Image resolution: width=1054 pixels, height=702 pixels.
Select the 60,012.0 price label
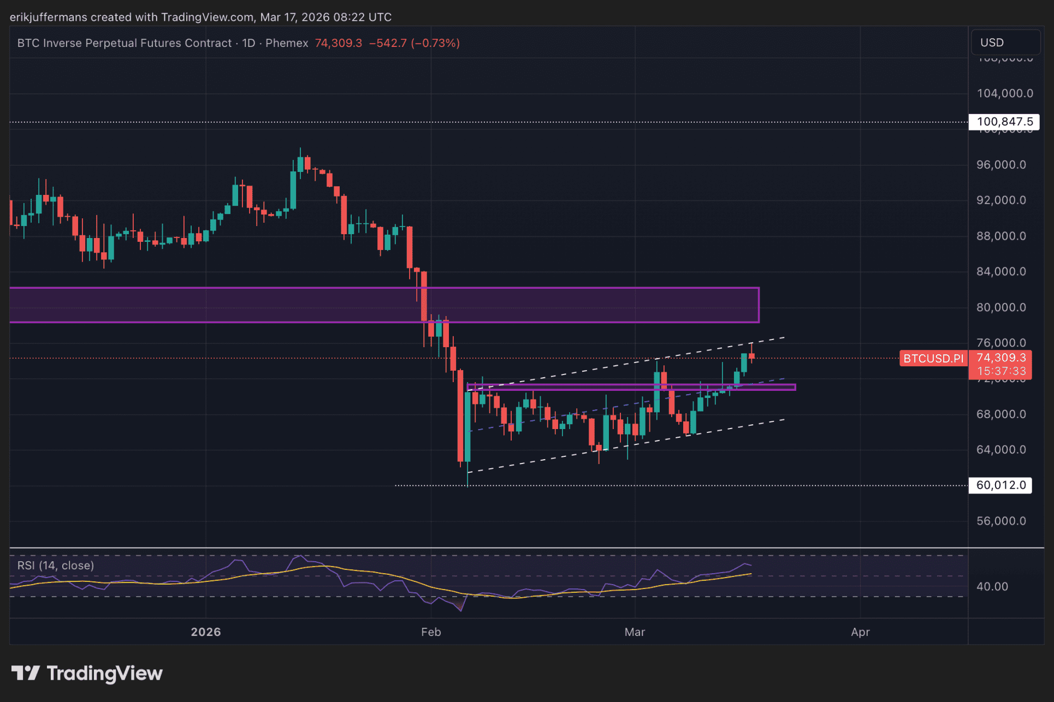[1000, 485]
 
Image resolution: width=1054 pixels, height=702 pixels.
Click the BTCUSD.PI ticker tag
[933, 359]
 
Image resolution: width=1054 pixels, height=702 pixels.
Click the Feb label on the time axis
[431, 632]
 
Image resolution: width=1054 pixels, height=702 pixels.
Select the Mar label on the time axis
[635, 632]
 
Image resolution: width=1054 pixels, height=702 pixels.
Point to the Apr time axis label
[860, 632]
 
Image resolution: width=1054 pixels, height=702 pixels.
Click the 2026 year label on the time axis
[206, 632]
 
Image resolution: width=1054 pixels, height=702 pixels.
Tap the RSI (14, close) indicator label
[56, 566]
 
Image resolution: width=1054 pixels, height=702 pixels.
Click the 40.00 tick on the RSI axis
[992, 587]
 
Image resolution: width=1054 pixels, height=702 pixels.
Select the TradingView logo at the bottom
[87, 674]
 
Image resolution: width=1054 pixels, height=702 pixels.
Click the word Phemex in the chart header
[287, 43]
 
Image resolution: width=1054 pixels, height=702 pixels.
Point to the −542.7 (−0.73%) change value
[415, 43]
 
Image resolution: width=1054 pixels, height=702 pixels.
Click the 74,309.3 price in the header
[338, 43]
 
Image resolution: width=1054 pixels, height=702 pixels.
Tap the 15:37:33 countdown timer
[1001, 371]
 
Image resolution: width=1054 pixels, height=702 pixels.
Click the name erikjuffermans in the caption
[48, 17]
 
